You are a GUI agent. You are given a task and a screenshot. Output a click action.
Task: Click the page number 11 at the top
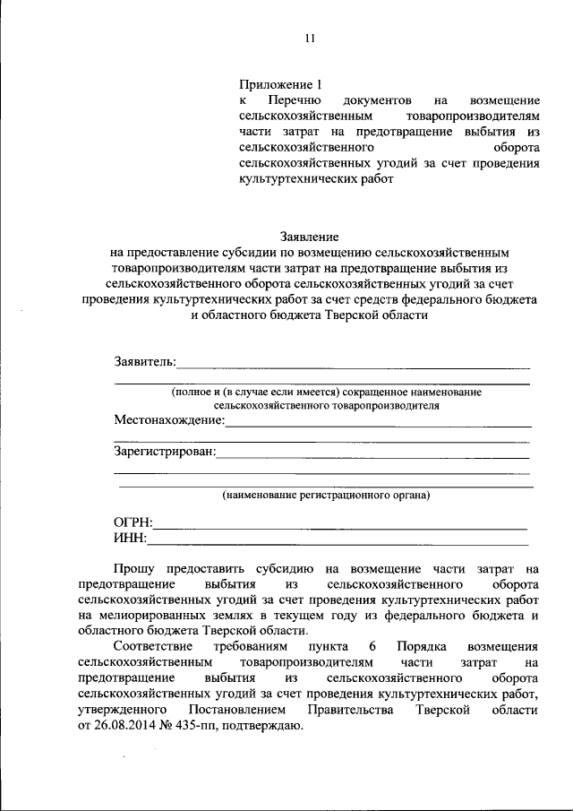[x=310, y=38]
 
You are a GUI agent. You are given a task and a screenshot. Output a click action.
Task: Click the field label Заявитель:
[x=145, y=362]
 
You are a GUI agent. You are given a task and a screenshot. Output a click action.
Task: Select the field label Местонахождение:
[x=169, y=419]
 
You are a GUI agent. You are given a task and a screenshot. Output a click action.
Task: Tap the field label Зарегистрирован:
[x=165, y=452]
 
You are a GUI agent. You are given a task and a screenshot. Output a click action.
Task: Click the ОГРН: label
[x=133, y=522]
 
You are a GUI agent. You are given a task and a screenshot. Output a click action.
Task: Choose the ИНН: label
[x=130, y=538]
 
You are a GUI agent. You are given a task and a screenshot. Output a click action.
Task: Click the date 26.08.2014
[x=125, y=726]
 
